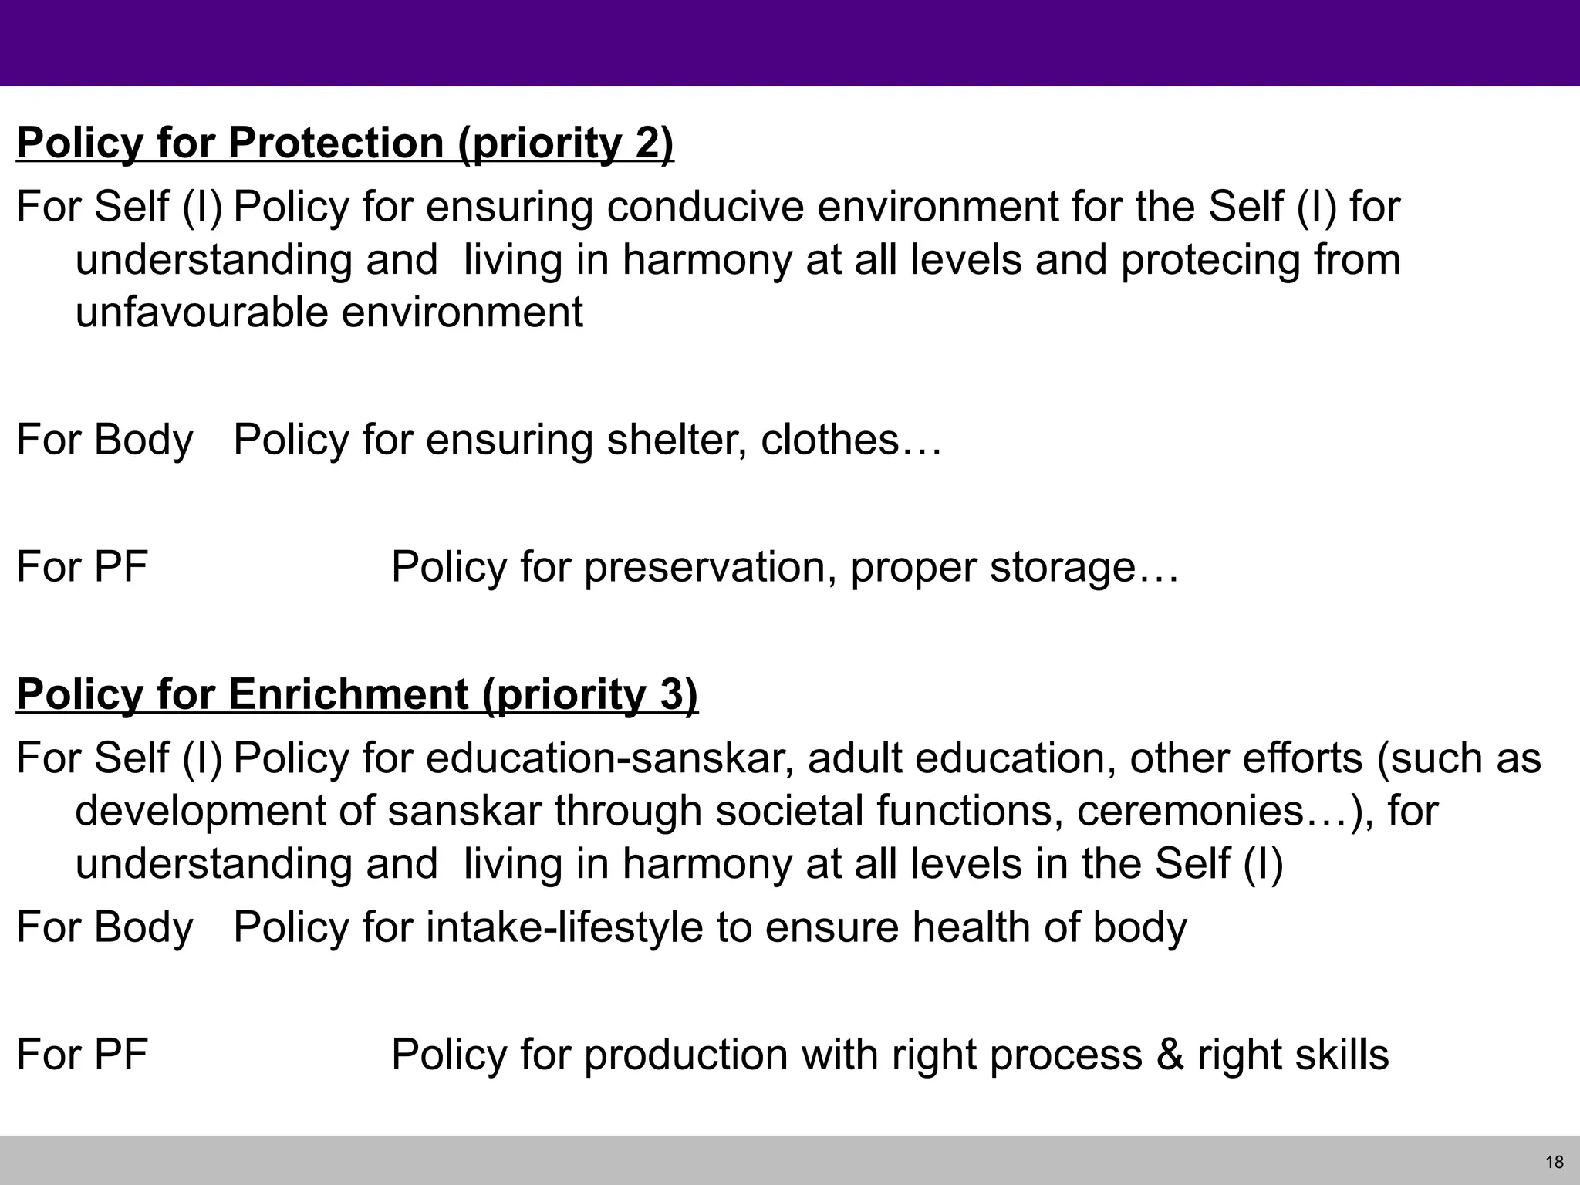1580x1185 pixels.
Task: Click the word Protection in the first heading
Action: point(336,143)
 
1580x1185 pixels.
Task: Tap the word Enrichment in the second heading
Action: point(348,694)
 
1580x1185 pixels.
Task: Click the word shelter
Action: point(675,440)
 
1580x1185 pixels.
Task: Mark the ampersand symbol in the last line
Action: point(1170,1055)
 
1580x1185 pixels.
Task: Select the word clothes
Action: point(829,440)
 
